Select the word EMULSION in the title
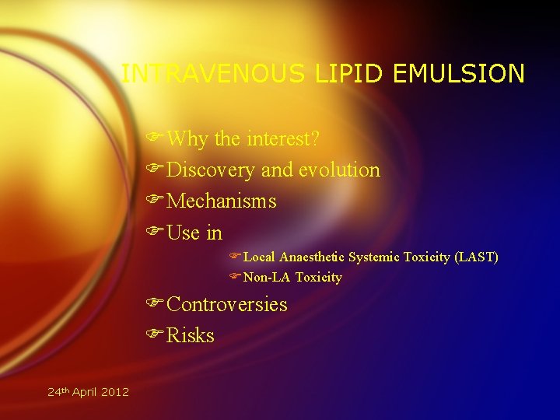point(459,74)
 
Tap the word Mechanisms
point(222,201)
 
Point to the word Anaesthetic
point(312,257)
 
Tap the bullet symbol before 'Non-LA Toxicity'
point(235,277)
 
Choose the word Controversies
point(227,304)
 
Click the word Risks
point(191,335)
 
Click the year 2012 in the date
point(116,392)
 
